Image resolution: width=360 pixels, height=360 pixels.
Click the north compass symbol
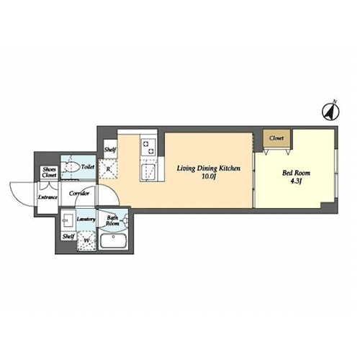click(x=330, y=111)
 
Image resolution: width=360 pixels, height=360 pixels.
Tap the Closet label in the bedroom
click(x=276, y=138)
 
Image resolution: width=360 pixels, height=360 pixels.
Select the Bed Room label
click(x=296, y=173)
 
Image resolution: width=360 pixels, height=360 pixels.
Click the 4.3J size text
click(x=296, y=181)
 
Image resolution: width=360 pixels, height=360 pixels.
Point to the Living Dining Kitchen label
click(x=209, y=168)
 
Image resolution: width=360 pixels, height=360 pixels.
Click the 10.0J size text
click(x=208, y=177)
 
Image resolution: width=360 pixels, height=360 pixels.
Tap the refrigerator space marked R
click(x=108, y=169)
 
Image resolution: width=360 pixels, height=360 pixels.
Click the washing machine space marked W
click(x=86, y=240)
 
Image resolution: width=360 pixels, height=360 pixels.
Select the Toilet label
click(x=88, y=167)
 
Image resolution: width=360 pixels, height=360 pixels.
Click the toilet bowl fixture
click(x=71, y=166)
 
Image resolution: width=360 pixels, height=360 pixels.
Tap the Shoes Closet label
click(x=49, y=172)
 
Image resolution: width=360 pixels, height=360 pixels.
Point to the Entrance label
click(x=48, y=197)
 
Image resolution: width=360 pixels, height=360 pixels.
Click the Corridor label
click(x=79, y=194)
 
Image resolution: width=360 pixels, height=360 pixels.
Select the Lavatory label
click(x=86, y=219)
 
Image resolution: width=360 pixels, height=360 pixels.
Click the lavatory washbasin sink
click(x=68, y=220)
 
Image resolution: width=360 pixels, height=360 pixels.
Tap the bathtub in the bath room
click(x=113, y=241)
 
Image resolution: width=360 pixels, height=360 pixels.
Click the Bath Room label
click(x=112, y=220)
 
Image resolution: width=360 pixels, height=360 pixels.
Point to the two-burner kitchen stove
click(x=148, y=148)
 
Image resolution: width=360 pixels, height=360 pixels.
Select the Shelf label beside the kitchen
click(x=110, y=150)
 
